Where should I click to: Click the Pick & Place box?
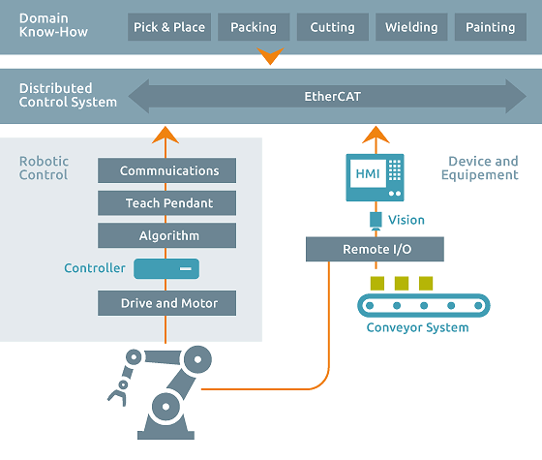169,27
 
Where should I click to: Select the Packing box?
254,27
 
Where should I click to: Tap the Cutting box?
332,27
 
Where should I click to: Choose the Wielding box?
410,27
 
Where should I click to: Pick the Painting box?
490,27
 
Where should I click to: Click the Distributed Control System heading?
68,96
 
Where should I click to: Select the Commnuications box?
169,171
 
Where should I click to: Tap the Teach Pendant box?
169,203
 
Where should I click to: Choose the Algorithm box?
169,235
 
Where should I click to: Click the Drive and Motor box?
169,303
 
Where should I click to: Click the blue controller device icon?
166,268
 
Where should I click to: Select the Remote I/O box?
376,250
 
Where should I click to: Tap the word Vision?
406,220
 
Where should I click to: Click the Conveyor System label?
417,327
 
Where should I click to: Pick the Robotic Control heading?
44,168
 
